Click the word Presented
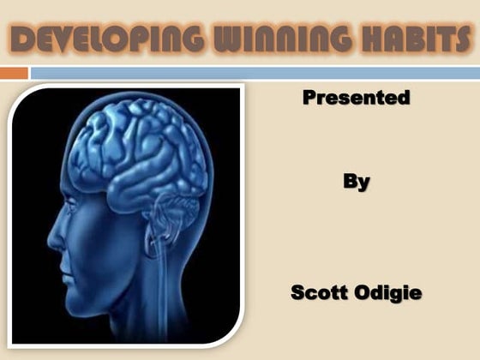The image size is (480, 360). [356, 98]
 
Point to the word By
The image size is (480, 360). [356, 182]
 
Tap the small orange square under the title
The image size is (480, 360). [14, 73]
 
